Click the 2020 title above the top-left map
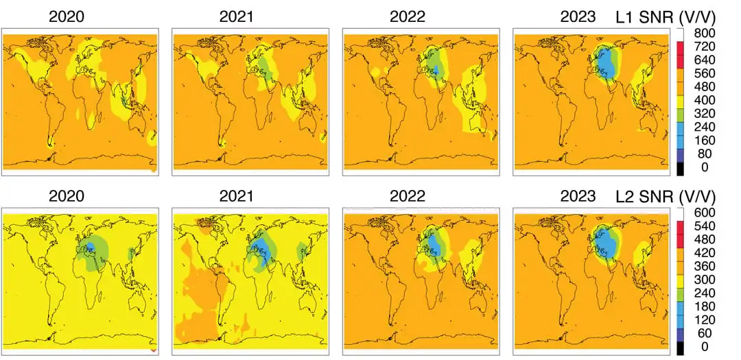[x=67, y=16]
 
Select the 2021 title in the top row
[x=236, y=16]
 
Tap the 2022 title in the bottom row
[x=407, y=196]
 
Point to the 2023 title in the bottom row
[x=578, y=196]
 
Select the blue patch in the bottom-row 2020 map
[x=90, y=247]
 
